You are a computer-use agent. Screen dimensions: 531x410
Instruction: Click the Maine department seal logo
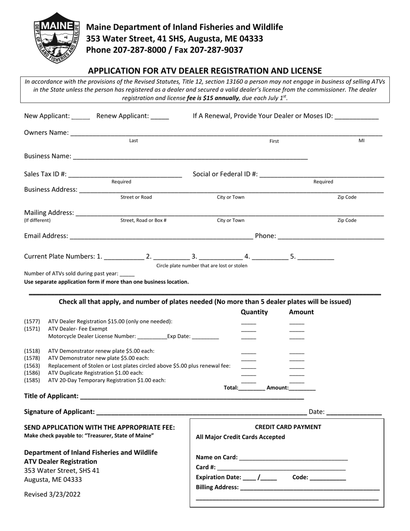[x=57, y=38]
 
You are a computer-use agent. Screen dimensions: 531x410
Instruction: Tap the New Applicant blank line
[x=81, y=117]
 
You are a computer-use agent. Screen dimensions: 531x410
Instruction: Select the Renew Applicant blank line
[x=160, y=117]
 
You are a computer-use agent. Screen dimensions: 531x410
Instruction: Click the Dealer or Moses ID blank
[x=356, y=117]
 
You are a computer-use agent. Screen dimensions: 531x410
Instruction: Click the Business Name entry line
[x=190, y=157]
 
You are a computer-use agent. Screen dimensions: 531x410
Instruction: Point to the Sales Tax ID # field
[x=125, y=175]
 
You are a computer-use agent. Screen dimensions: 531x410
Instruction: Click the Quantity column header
[x=254, y=312]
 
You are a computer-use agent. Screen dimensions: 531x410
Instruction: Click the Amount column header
[x=301, y=312]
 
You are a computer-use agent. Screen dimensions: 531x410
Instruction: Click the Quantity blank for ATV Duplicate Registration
[x=248, y=373]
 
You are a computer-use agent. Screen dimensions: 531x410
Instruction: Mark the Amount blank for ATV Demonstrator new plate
[x=296, y=359]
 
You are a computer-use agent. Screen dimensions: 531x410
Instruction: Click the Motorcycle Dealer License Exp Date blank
[x=205, y=337]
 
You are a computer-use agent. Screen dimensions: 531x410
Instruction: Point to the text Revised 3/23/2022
[x=52, y=495]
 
